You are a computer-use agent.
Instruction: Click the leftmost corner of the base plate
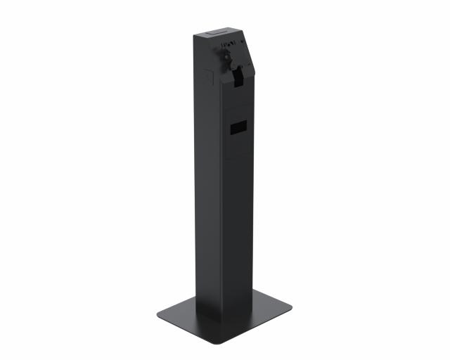157,311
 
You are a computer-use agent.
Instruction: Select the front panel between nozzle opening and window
239,102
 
